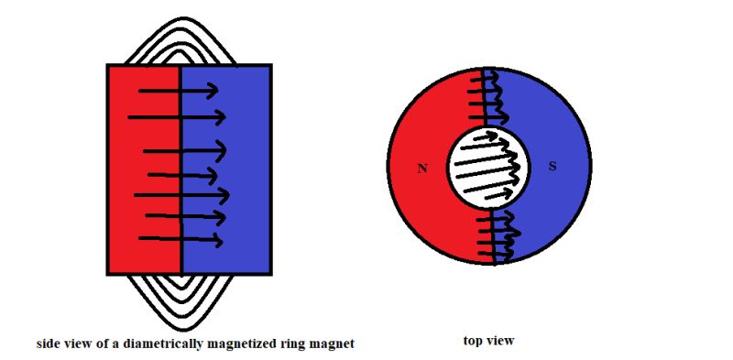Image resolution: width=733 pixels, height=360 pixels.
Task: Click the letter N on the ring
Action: point(421,169)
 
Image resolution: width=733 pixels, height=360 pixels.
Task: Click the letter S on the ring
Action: point(552,166)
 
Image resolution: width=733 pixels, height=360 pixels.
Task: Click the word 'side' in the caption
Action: point(48,344)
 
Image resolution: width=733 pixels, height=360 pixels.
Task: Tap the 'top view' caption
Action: point(488,341)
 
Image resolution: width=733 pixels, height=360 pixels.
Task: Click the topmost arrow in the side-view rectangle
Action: point(178,91)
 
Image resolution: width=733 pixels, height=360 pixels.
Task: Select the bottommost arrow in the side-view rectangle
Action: point(181,240)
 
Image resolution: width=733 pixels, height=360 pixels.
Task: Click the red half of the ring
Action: point(417,211)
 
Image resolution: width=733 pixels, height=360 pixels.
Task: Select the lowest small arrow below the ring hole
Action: point(496,257)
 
